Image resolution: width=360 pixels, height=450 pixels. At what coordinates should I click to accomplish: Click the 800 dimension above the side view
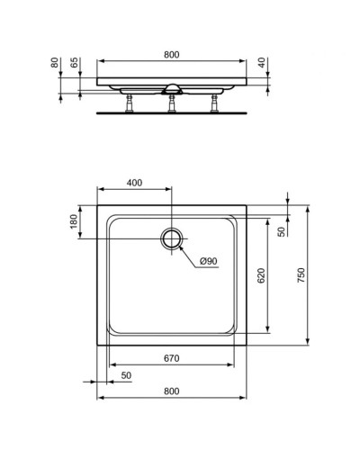tap(172, 55)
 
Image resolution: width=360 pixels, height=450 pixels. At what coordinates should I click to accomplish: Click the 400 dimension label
tap(134, 183)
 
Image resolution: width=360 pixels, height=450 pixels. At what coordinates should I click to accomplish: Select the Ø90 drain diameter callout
tap(208, 261)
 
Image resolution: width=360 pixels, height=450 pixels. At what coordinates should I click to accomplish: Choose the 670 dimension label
tap(171, 358)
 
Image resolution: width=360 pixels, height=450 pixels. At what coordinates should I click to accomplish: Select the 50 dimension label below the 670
tap(125, 374)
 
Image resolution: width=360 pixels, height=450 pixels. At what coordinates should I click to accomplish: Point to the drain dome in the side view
tap(173, 88)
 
